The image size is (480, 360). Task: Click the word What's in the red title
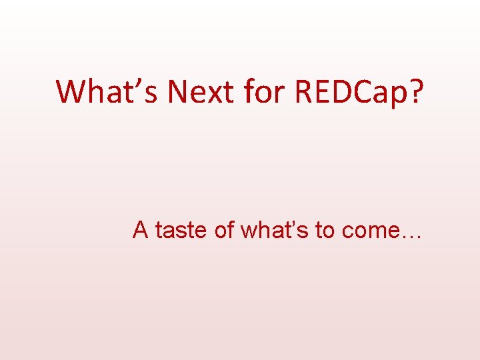(107, 91)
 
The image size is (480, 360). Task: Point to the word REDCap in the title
(346, 93)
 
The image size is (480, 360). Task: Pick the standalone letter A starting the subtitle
(141, 230)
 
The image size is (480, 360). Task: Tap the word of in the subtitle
(225, 230)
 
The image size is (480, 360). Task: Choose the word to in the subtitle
(325, 230)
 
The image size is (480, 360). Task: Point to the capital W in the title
(71, 91)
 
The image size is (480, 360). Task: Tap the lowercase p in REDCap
(397, 96)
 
